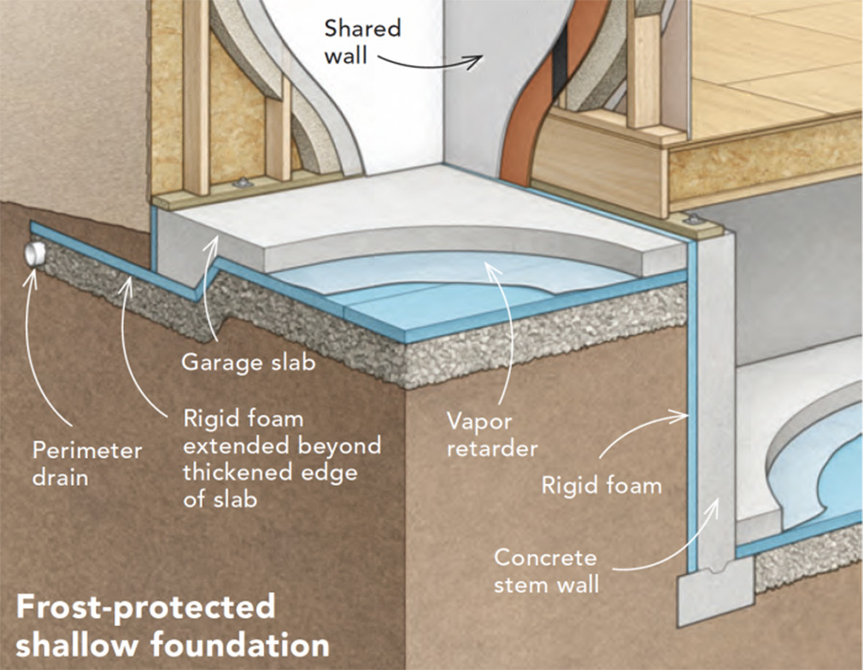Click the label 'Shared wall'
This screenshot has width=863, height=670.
(x=362, y=42)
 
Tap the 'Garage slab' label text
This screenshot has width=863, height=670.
(x=248, y=362)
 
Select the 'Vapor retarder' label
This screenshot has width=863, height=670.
(x=492, y=435)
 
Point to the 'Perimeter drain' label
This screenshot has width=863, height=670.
(x=87, y=464)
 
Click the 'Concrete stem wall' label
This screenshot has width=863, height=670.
(x=546, y=571)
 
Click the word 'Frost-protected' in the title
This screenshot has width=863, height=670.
(x=146, y=606)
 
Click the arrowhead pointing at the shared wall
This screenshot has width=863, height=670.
(x=475, y=61)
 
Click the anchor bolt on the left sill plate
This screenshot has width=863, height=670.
(x=241, y=183)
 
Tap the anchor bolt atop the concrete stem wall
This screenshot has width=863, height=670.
(x=693, y=220)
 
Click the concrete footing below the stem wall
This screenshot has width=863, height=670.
(x=714, y=594)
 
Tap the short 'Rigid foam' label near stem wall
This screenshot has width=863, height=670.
(x=601, y=486)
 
